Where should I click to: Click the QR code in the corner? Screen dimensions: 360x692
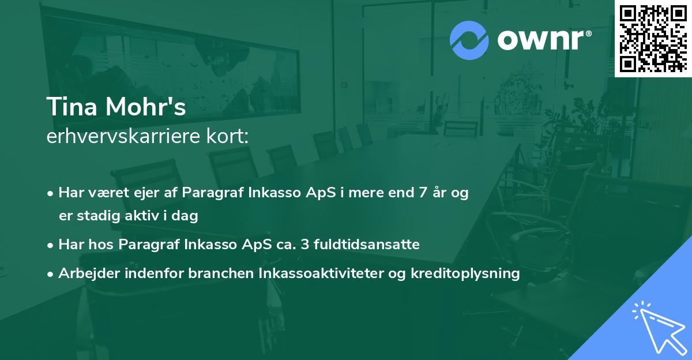pyautogui.click(x=653, y=38)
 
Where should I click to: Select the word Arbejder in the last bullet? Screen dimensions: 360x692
pyautogui.click(x=84, y=273)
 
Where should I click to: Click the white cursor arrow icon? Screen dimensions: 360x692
pyautogui.click(x=657, y=325)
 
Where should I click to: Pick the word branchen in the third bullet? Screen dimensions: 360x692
pyautogui.click(x=215, y=273)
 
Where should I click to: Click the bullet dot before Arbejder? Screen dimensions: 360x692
pyautogui.click(x=51, y=274)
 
